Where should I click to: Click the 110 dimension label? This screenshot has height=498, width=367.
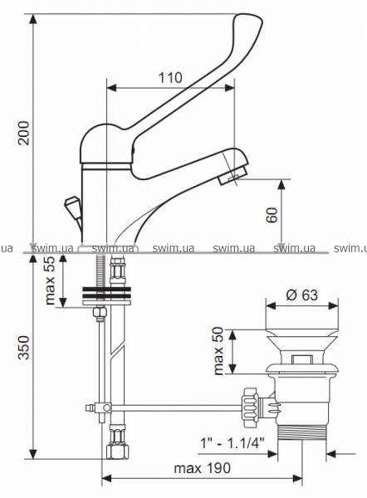coord(170,78)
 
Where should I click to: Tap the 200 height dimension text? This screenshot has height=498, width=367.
coord(23,133)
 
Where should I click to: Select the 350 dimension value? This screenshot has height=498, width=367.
coord(23,348)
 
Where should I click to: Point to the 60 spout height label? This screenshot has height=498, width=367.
coord(272,215)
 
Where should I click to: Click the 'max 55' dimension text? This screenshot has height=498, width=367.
coord(50,281)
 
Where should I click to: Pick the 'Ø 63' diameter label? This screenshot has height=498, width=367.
coord(301,295)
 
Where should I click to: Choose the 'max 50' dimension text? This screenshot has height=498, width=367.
coord(218,351)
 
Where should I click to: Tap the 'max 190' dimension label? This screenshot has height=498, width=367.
coord(202,468)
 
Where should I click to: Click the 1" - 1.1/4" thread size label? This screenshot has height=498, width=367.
coord(232,442)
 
